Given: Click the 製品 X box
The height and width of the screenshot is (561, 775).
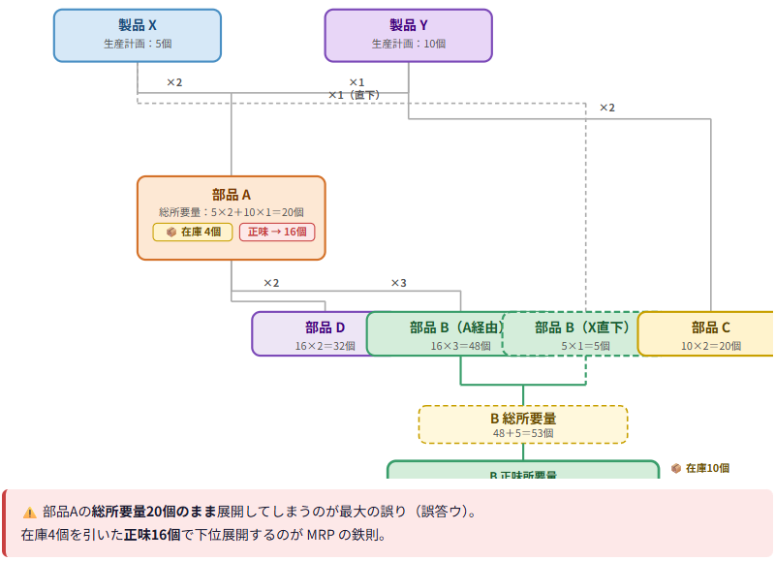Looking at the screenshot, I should [137, 35].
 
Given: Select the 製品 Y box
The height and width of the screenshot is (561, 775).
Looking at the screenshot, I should [408, 35].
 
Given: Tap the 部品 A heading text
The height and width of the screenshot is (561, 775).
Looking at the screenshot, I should [231, 194].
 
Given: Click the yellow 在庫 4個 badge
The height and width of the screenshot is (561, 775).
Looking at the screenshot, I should [193, 232].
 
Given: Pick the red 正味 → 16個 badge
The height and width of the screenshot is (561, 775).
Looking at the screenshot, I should [277, 232].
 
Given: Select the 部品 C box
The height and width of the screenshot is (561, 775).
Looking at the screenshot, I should [710, 334].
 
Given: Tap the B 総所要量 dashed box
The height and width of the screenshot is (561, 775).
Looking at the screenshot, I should [522, 424].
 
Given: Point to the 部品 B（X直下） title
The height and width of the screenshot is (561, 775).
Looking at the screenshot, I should [581, 327].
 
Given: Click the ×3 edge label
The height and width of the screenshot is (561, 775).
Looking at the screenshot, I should [398, 283].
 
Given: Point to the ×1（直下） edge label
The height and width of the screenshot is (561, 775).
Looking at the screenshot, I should [354, 95].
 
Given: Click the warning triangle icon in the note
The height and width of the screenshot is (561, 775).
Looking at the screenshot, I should [29, 512].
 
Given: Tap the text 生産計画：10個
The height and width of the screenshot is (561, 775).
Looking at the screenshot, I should [408, 44].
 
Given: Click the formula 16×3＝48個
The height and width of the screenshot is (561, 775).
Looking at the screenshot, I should [460, 345].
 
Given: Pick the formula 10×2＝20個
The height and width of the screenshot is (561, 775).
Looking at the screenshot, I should [710, 345].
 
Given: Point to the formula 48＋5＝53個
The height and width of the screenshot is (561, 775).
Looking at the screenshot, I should [522, 433].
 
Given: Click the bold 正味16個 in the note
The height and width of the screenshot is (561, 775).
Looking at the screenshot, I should [152, 534].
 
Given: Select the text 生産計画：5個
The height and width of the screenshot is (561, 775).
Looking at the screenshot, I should [137, 44].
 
